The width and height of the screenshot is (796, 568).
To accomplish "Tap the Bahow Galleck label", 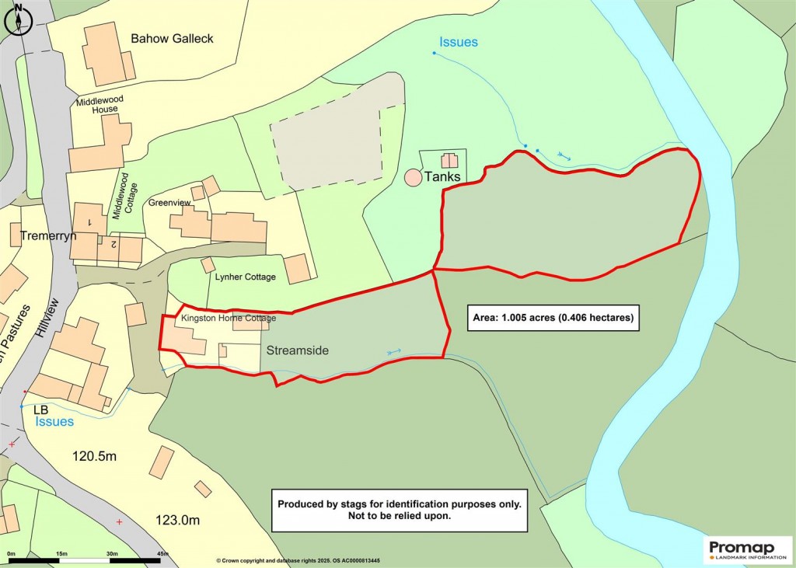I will (x=172, y=38).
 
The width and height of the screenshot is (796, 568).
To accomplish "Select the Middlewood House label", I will (x=97, y=105).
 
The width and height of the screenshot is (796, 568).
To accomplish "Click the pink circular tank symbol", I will (x=414, y=177).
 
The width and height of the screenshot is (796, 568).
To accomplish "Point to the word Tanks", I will (x=442, y=177).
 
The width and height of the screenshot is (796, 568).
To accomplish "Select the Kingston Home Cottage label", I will (x=229, y=319).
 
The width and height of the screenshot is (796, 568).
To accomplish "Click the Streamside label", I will (x=298, y=350).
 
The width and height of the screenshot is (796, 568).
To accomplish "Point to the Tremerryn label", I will (x=48, y=235).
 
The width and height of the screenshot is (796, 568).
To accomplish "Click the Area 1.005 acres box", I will (x=553, y=317).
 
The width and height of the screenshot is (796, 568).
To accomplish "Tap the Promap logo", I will (x=748, y=549).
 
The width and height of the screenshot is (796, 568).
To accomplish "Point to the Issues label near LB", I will (x=54, y=421).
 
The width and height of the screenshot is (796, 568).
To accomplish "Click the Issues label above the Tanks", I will (x=459, y=42).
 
